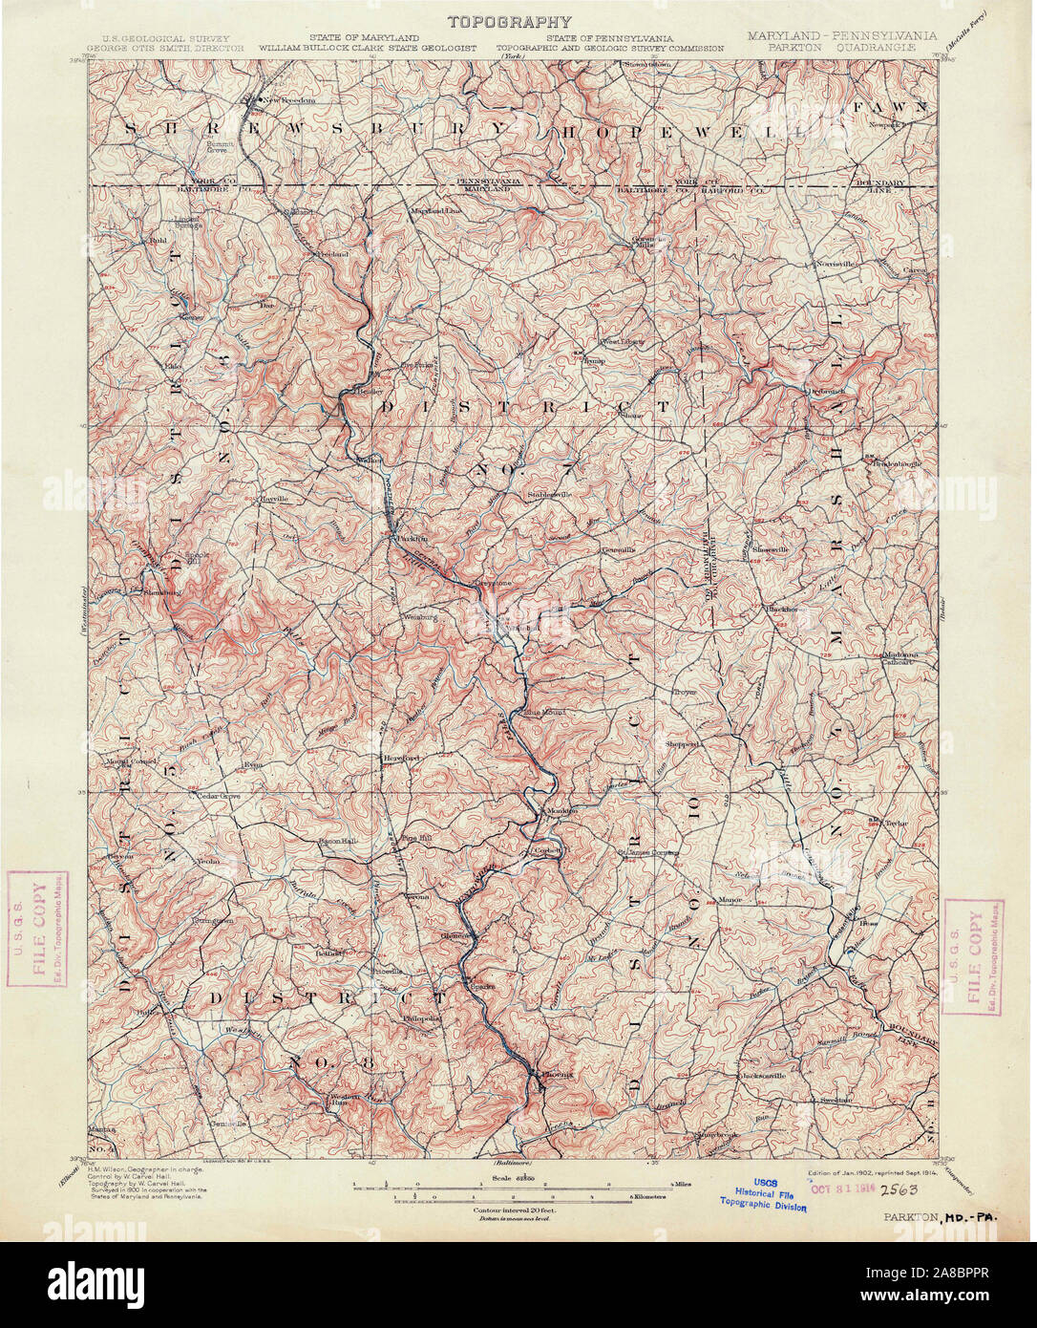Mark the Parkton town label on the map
405,540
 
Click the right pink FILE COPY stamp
972,956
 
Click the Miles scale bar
516,1184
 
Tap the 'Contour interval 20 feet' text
516,1210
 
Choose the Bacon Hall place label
336,841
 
